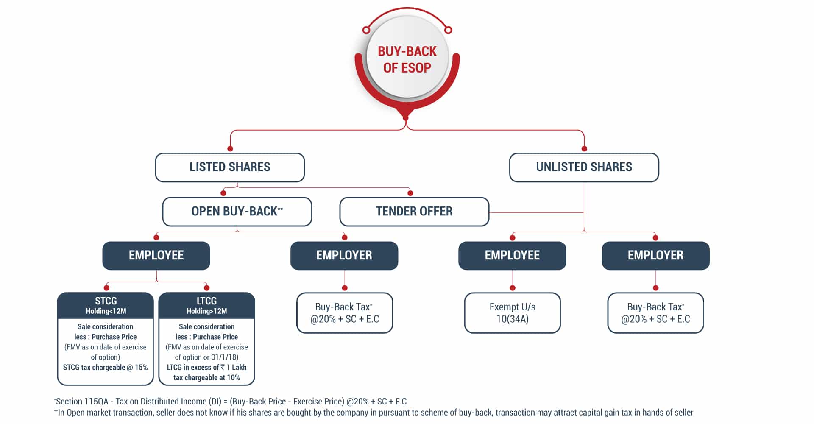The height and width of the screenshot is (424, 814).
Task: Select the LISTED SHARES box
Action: point(230,167)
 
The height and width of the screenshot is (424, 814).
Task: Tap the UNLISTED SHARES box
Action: point(584,167)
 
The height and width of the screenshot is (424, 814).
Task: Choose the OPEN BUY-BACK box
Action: point(237,211)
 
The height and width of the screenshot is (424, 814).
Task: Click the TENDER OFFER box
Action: point(414,211)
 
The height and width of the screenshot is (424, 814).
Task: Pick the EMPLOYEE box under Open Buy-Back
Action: point(156,255)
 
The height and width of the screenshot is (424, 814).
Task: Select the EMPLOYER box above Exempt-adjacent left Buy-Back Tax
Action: point(344,255)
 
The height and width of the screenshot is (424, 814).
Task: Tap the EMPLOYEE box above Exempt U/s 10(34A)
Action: point(512,255)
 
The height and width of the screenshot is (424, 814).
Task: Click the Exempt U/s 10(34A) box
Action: point(512,313)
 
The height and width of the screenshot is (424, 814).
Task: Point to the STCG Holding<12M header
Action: point(106,305)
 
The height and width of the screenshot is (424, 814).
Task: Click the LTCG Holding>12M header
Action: point(206,305)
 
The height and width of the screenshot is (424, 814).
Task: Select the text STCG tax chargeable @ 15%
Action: point(106,368)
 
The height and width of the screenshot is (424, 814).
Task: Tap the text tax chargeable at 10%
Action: point(206,378)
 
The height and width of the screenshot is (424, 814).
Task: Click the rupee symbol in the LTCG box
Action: point(223,368)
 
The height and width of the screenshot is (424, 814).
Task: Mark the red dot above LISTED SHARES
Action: point(230,149)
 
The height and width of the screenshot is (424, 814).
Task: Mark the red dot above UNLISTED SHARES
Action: point(584,149)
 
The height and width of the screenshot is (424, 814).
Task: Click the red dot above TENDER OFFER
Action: point(410,193)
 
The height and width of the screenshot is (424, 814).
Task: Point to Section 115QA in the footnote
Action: point(83,402)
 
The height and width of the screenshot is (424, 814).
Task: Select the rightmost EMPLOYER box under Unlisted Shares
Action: point(655,255)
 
